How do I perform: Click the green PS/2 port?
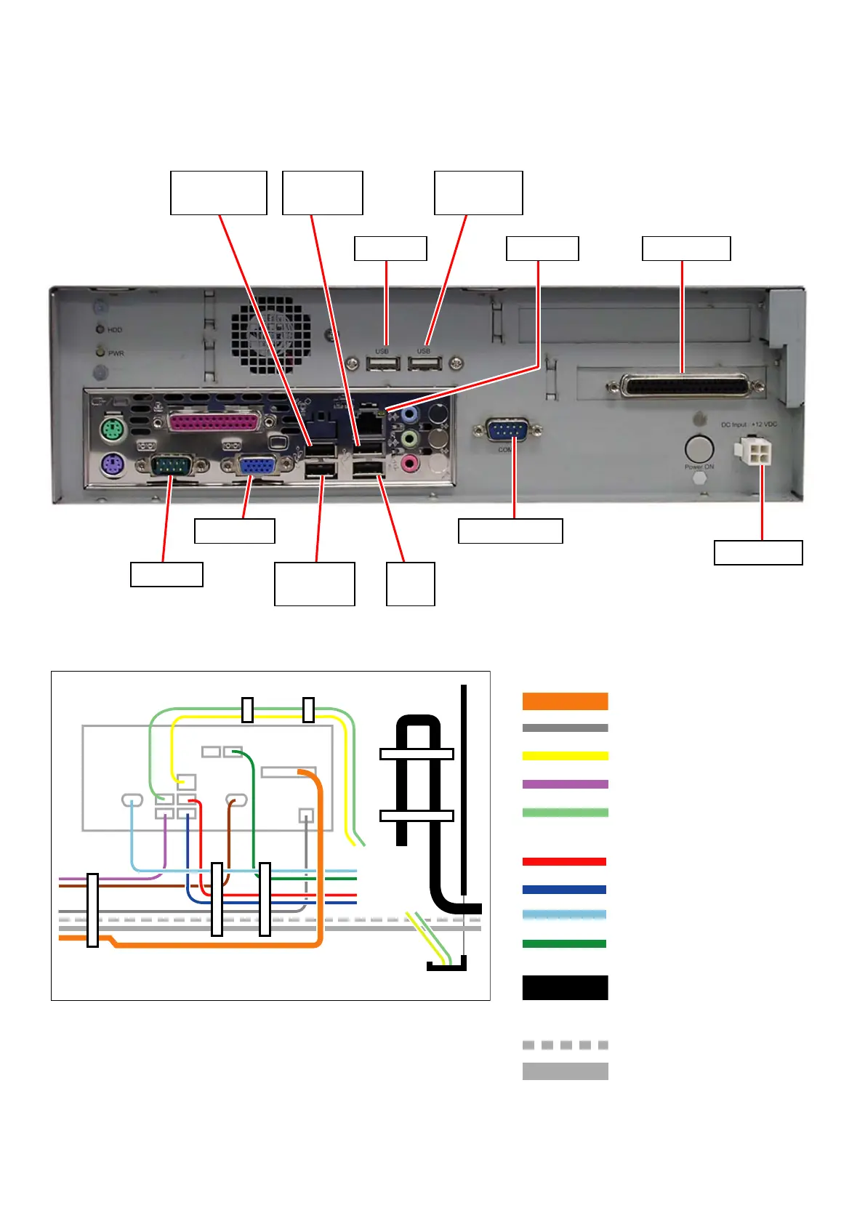coord(110,430)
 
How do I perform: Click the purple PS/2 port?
coord(110,464)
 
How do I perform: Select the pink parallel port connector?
coord(213,422)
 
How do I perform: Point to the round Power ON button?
coord(699,450)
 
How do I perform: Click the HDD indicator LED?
coord(100,329)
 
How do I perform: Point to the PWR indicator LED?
coord(100,353)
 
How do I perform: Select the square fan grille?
coord(271,335)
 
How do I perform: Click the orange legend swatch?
coord(565,701)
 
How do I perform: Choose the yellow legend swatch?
coord(565,756)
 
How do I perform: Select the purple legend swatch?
coord(565,784)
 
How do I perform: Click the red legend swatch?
coord(565,862)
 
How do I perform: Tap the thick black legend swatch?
coord(565,988)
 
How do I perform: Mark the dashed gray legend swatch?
coord(565,1045)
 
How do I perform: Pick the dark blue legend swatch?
coord(565,890)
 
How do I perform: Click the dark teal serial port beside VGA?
coord(172,464)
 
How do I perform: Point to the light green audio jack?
coord(410,439)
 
